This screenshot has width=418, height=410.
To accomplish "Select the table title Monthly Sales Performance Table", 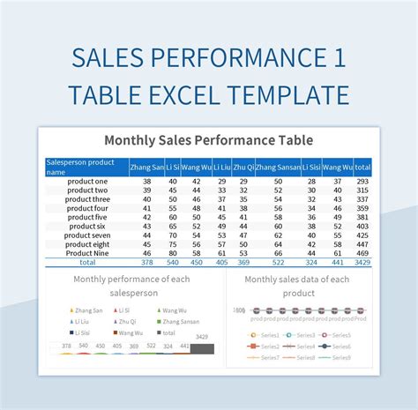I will click(208, 140).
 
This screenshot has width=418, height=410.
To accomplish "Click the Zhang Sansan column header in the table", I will click(278, 167).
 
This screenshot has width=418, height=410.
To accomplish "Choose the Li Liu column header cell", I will click(220, 167).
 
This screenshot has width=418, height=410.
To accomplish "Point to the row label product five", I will click(86, 217).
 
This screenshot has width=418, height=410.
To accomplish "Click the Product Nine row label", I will click(86, 253).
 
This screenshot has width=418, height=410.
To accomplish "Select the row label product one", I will click(86, 181).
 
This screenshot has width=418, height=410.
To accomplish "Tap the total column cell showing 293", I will click(362, 181).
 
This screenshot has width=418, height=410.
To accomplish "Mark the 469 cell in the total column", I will click(362, 253).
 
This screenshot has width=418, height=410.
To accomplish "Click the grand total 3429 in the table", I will click(362, 263).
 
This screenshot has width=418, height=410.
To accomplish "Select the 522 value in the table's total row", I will click(278, 263).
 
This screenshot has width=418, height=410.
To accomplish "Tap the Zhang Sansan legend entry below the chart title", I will click(180, 322).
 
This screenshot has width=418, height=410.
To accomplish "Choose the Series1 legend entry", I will click(269, 336).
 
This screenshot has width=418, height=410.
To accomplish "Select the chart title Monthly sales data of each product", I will click(296, 286).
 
